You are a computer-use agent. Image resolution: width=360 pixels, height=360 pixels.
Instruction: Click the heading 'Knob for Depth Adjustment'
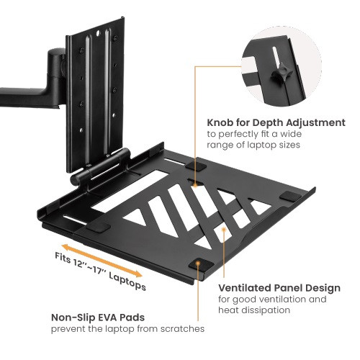tap(276, 122)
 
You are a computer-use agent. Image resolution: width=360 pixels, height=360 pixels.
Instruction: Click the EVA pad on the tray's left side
tap(102, 225)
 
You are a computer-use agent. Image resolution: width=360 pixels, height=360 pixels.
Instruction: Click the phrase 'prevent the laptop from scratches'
tap(127, 328)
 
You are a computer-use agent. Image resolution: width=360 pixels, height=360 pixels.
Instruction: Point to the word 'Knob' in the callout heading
tap(222, 122)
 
